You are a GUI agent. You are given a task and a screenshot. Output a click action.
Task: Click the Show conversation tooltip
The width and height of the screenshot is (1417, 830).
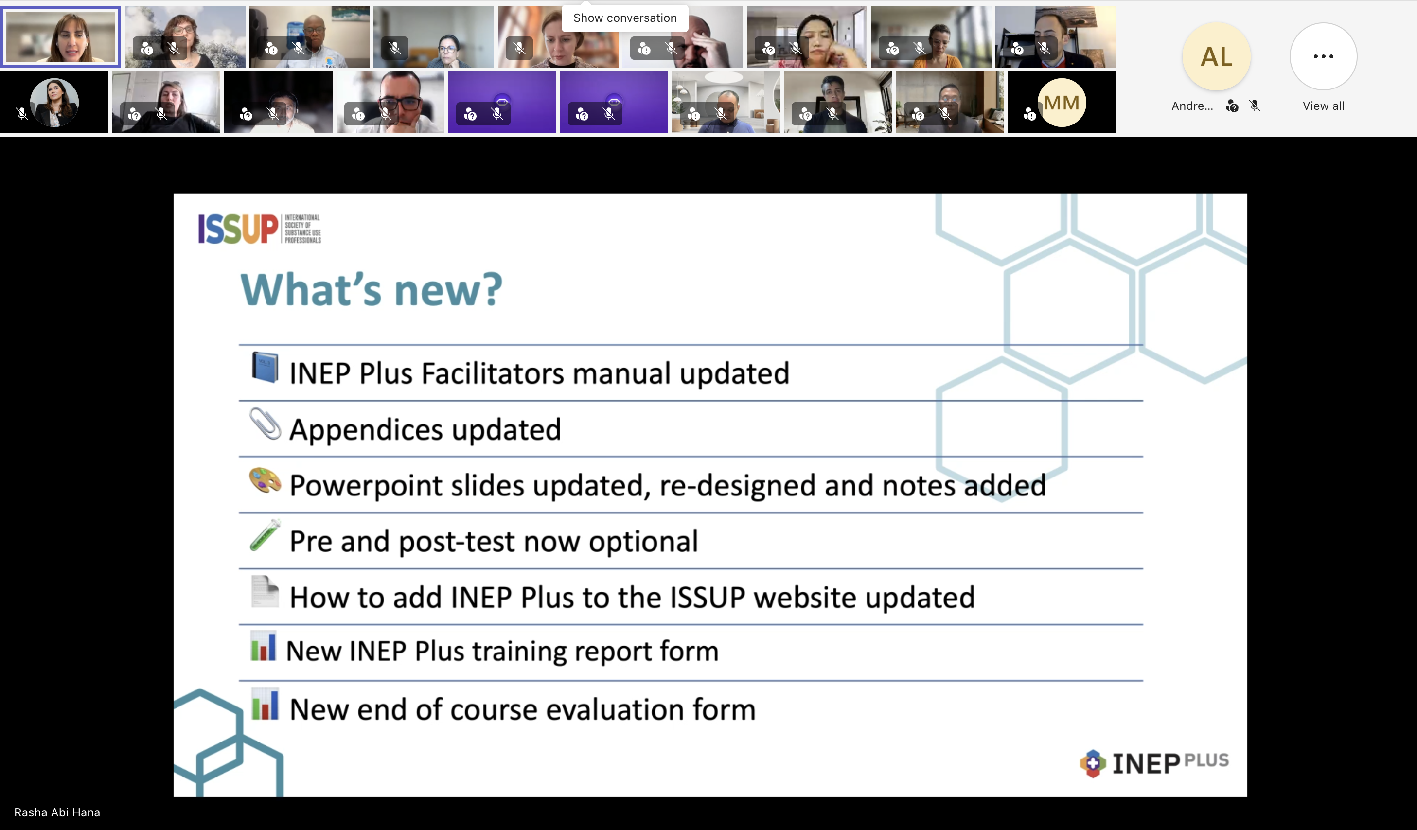click(625, 18)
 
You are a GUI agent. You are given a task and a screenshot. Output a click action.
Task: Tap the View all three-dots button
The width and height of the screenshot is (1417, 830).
click(1323, 56)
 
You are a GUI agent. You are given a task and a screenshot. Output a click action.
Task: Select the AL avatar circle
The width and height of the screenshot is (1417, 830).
click(1216, 56)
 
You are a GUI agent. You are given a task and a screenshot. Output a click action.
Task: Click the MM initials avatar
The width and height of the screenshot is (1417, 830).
click(1062, 102)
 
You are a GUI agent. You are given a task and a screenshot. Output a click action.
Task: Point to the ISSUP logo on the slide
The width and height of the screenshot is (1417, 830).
click(259, 229)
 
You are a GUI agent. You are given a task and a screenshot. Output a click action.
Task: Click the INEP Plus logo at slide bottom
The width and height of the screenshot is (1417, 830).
click(1154, 763)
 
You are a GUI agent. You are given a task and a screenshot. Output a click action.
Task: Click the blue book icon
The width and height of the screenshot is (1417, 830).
click(264, 367)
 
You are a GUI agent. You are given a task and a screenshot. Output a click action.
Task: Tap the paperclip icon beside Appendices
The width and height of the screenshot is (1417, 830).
click(265, 423)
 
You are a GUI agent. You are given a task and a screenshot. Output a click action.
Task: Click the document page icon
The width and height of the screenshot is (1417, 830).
click(265, 592)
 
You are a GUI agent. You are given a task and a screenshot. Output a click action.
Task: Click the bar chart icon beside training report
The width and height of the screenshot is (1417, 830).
click(264, 646)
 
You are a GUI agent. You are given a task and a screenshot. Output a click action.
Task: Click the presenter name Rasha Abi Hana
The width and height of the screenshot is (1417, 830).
click(57, 812)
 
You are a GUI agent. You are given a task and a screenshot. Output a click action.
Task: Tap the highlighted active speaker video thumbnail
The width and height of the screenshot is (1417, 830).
click(61, 36)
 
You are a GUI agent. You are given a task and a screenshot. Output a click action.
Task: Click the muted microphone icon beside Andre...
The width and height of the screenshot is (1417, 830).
click(1255, 106)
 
